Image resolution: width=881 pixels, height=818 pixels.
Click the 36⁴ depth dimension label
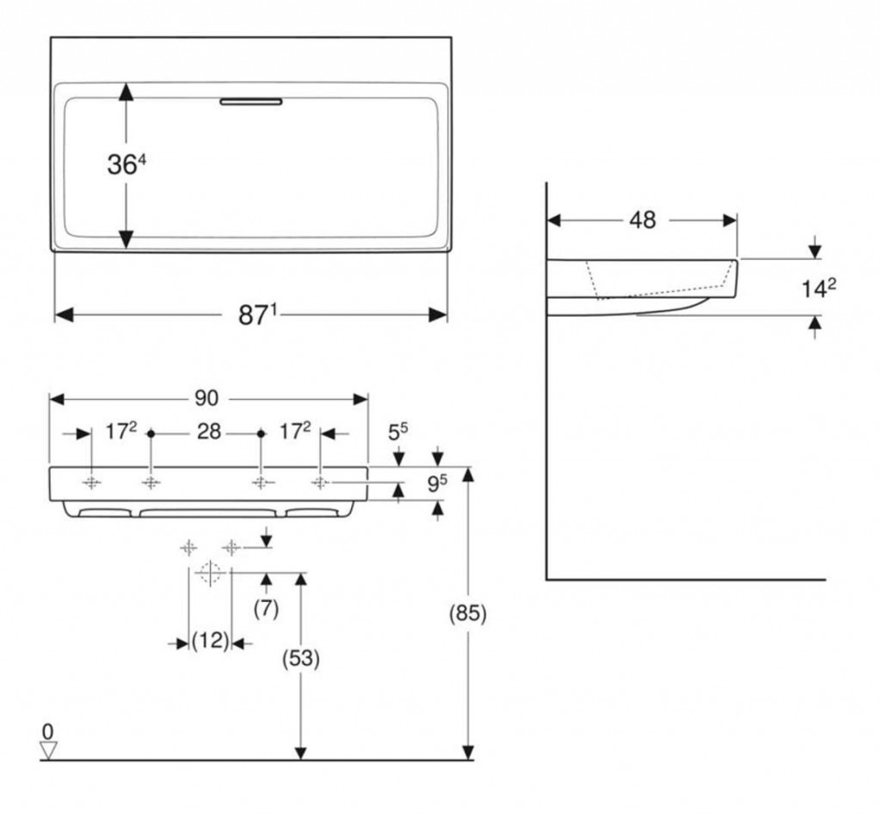(x=126, y=163)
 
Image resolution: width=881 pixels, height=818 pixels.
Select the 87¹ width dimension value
(x=256, y=316)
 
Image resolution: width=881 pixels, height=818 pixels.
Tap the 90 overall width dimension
(x=206, y=398)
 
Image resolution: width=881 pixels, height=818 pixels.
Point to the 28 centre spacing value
(x=209, y=431)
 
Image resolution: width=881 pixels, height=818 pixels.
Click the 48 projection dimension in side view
(x=642, y=220)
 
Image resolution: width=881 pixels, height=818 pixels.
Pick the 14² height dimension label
(x=818, y=288)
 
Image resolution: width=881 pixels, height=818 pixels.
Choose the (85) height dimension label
(x=468, y=613)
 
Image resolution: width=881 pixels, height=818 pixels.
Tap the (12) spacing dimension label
(x=210, y=641)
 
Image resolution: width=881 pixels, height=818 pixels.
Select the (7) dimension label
(x=266, y=608)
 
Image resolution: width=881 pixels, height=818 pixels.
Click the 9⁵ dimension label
(x=437, y=484)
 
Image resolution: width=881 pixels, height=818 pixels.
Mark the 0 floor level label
(x=47, y=731)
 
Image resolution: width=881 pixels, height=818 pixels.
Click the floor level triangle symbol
(x=47, y=749)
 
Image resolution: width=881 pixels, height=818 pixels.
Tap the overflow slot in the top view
(x=250, y=101)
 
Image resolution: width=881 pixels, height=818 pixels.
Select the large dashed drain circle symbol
(x=209, y=572)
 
